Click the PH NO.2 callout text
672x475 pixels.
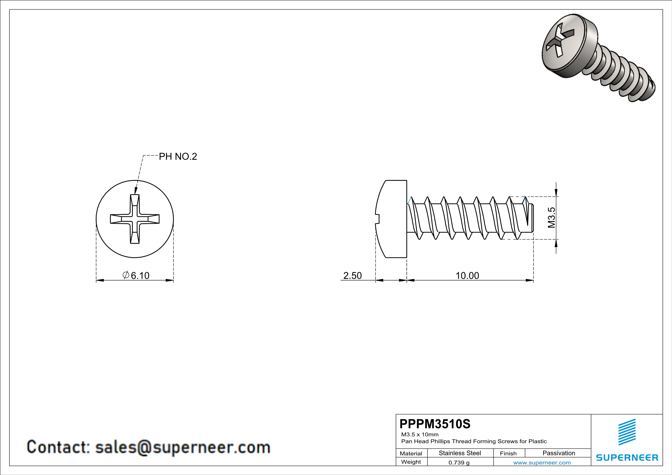(178, 157)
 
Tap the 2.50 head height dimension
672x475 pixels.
(352, 276)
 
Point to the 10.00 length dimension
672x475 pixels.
(467, 276)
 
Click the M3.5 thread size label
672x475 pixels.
(551, 218)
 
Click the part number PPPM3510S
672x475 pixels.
(435, 424)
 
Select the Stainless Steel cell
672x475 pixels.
(460, 453)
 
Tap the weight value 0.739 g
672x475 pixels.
(459, 463)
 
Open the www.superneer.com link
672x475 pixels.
(542, 463)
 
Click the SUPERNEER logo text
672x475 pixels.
(627, 458)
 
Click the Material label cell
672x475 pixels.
(411, 453)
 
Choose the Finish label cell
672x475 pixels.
(508, 453)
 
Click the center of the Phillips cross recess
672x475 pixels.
(135, 219)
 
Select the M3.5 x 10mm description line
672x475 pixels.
(420, 434)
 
